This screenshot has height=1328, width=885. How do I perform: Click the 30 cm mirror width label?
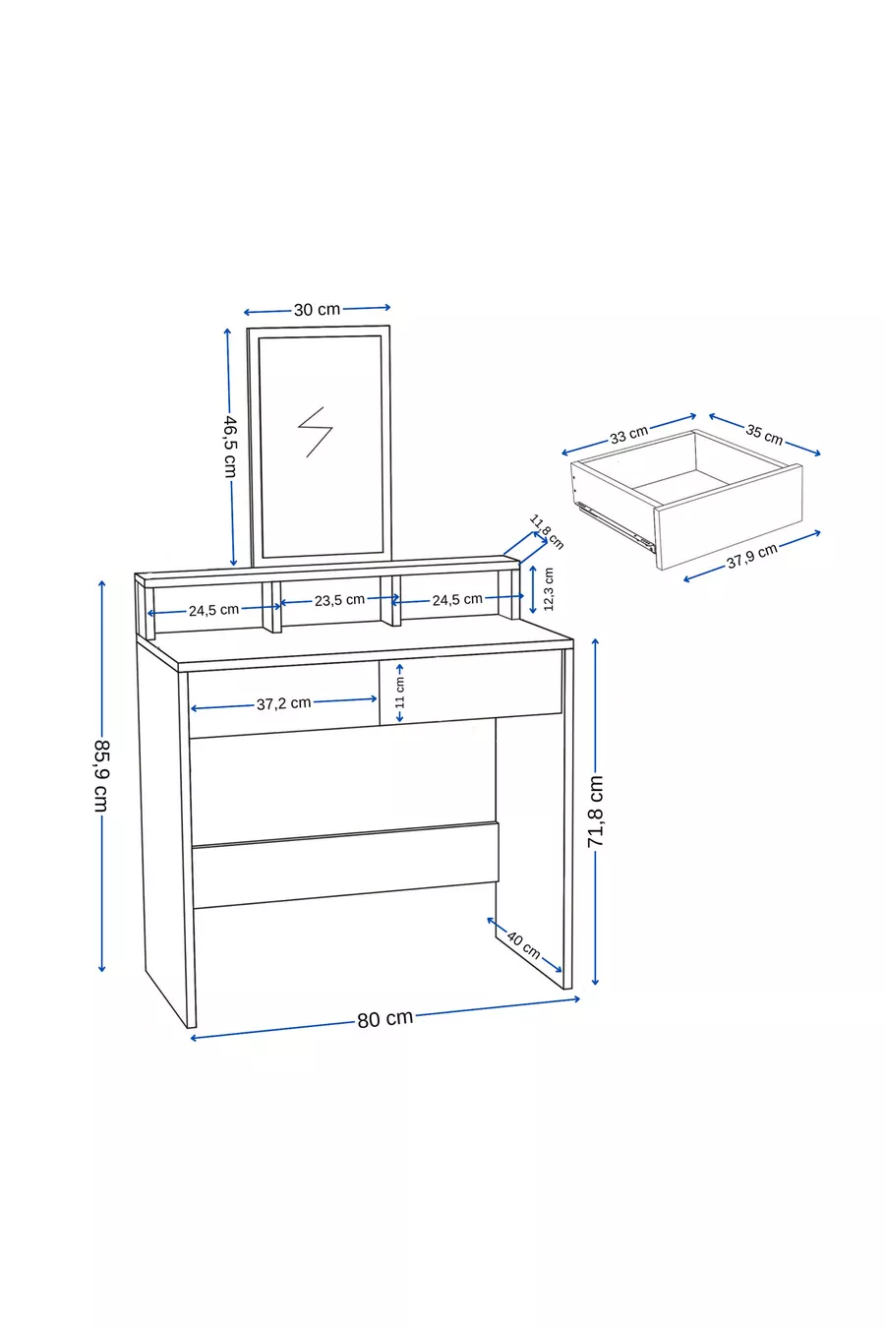318,310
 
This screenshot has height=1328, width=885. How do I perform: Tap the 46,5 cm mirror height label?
230,447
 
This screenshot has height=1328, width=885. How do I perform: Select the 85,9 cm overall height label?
101,776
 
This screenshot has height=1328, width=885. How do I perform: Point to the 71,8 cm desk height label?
595,811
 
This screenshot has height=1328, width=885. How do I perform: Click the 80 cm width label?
384,1018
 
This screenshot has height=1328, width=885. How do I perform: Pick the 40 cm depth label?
523,945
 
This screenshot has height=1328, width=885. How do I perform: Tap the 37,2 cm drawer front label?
283,703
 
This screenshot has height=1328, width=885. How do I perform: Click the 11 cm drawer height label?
400,693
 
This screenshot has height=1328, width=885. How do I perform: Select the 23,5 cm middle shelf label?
339,600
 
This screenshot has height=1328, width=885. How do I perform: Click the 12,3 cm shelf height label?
549,589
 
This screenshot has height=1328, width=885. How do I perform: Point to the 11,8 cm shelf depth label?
546,532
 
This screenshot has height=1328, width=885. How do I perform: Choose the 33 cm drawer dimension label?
629,435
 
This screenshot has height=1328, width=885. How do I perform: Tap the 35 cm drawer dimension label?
764,435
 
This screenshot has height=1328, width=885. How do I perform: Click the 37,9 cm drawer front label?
751,556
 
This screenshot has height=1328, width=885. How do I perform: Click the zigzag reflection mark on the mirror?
315,432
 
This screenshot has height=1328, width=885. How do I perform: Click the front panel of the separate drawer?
729,517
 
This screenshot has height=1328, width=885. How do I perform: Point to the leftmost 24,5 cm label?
213,610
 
